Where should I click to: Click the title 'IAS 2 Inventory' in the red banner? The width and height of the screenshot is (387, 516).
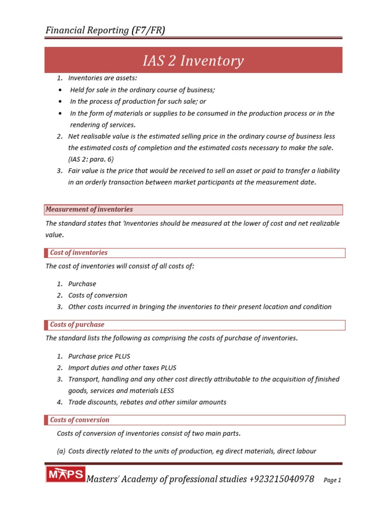click(x=193, y=61)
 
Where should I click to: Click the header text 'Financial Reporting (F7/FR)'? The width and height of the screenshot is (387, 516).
click(x=105, y=30)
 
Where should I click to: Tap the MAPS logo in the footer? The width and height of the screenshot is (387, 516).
click(x=66, y=475)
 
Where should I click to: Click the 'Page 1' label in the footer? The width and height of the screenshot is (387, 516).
click(x=333, y=480)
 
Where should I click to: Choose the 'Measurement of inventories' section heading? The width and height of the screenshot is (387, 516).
click(x=89, y=209)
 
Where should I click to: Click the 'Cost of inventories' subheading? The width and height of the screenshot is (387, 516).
click(x=79, y=252)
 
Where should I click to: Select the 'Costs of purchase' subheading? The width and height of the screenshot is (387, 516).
click(x=77, y=325)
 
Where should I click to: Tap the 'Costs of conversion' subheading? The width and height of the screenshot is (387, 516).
click(x=80, y=420)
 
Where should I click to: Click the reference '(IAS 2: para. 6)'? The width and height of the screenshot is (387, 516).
click(x=91, y=159)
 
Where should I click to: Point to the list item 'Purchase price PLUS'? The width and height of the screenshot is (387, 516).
click(x=99, y=356)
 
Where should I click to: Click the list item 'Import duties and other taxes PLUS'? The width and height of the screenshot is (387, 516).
click(x=122, y=367)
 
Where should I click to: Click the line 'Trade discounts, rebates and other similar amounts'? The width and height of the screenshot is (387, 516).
click(x=147, y=402)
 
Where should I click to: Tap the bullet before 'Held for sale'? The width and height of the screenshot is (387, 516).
click(x=60, y=90)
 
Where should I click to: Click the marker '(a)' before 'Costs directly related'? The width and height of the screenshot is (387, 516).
click(x=61, y=451)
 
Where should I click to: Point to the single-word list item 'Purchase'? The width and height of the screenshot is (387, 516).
click(x=82, y=284)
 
